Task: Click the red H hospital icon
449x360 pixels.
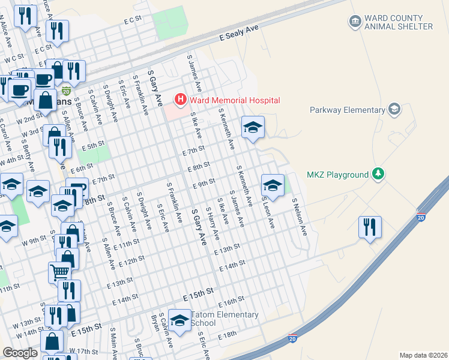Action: [179, 99]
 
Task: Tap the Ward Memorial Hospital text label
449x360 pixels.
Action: [233, 100]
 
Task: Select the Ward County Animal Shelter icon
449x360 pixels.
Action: [354, 22]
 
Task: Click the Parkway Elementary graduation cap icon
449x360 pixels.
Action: [394, 109]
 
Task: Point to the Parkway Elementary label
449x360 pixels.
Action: [347, 110]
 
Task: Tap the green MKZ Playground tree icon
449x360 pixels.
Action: [378, 174]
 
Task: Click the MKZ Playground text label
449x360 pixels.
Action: [337, 175]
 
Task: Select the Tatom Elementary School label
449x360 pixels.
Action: [224, 319]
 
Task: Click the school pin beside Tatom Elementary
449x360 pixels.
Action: [179, 320]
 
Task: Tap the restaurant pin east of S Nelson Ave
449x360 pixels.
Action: [370, 227]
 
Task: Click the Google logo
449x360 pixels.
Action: [20, 353]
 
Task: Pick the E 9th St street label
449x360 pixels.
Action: [204, 183]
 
